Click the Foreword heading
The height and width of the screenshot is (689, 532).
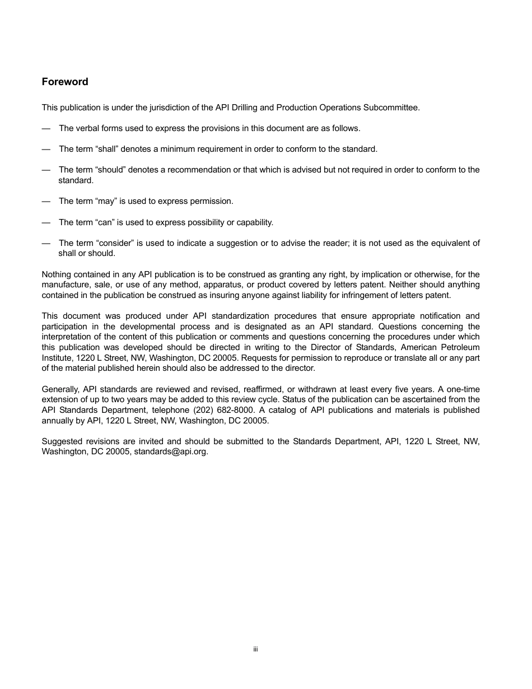[x=65, y=82]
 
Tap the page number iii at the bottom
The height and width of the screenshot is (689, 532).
[x=255, y=649]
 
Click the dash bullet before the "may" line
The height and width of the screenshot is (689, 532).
[x=46, y=201]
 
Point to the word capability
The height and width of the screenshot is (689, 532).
[x=255, y=222]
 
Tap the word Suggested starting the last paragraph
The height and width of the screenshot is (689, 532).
[x=60, y=441]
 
